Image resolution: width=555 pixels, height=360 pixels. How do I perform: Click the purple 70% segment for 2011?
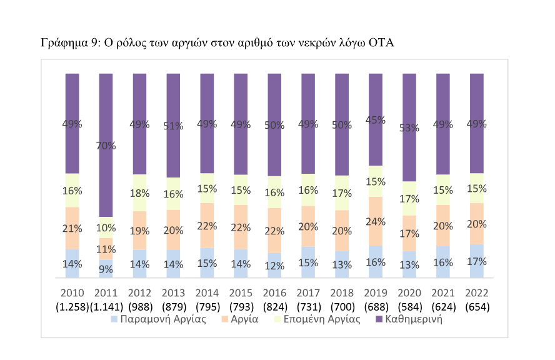[x=106, y=145]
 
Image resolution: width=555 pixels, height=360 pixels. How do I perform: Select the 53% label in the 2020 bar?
[x=410, y=129]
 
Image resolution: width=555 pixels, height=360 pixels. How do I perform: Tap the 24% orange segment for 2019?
[x=376, y=221]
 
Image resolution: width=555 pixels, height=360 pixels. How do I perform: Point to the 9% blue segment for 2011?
[x=106, y=269]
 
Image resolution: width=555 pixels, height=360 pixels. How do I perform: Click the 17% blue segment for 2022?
[x=477, y=261]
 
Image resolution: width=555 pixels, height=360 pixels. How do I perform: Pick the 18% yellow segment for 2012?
[x=140, y=192]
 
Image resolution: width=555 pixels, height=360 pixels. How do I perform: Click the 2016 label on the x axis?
[x=274, y=293]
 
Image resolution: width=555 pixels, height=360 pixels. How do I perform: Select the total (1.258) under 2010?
[x=72, y=307]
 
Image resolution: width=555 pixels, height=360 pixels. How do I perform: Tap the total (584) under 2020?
[x=410, y=307]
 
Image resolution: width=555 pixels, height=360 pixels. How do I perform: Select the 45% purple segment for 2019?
[x=376, y=120]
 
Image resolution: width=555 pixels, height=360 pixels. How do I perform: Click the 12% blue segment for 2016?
[x=275, y=265]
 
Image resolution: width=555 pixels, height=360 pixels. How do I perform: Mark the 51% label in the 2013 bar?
[x=174, y=126]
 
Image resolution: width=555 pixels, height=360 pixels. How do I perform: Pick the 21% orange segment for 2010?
[x=72, y=228]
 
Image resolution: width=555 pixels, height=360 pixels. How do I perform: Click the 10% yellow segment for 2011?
[x=106, y=227]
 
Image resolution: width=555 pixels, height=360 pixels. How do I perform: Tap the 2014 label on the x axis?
[x=207, y=293]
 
